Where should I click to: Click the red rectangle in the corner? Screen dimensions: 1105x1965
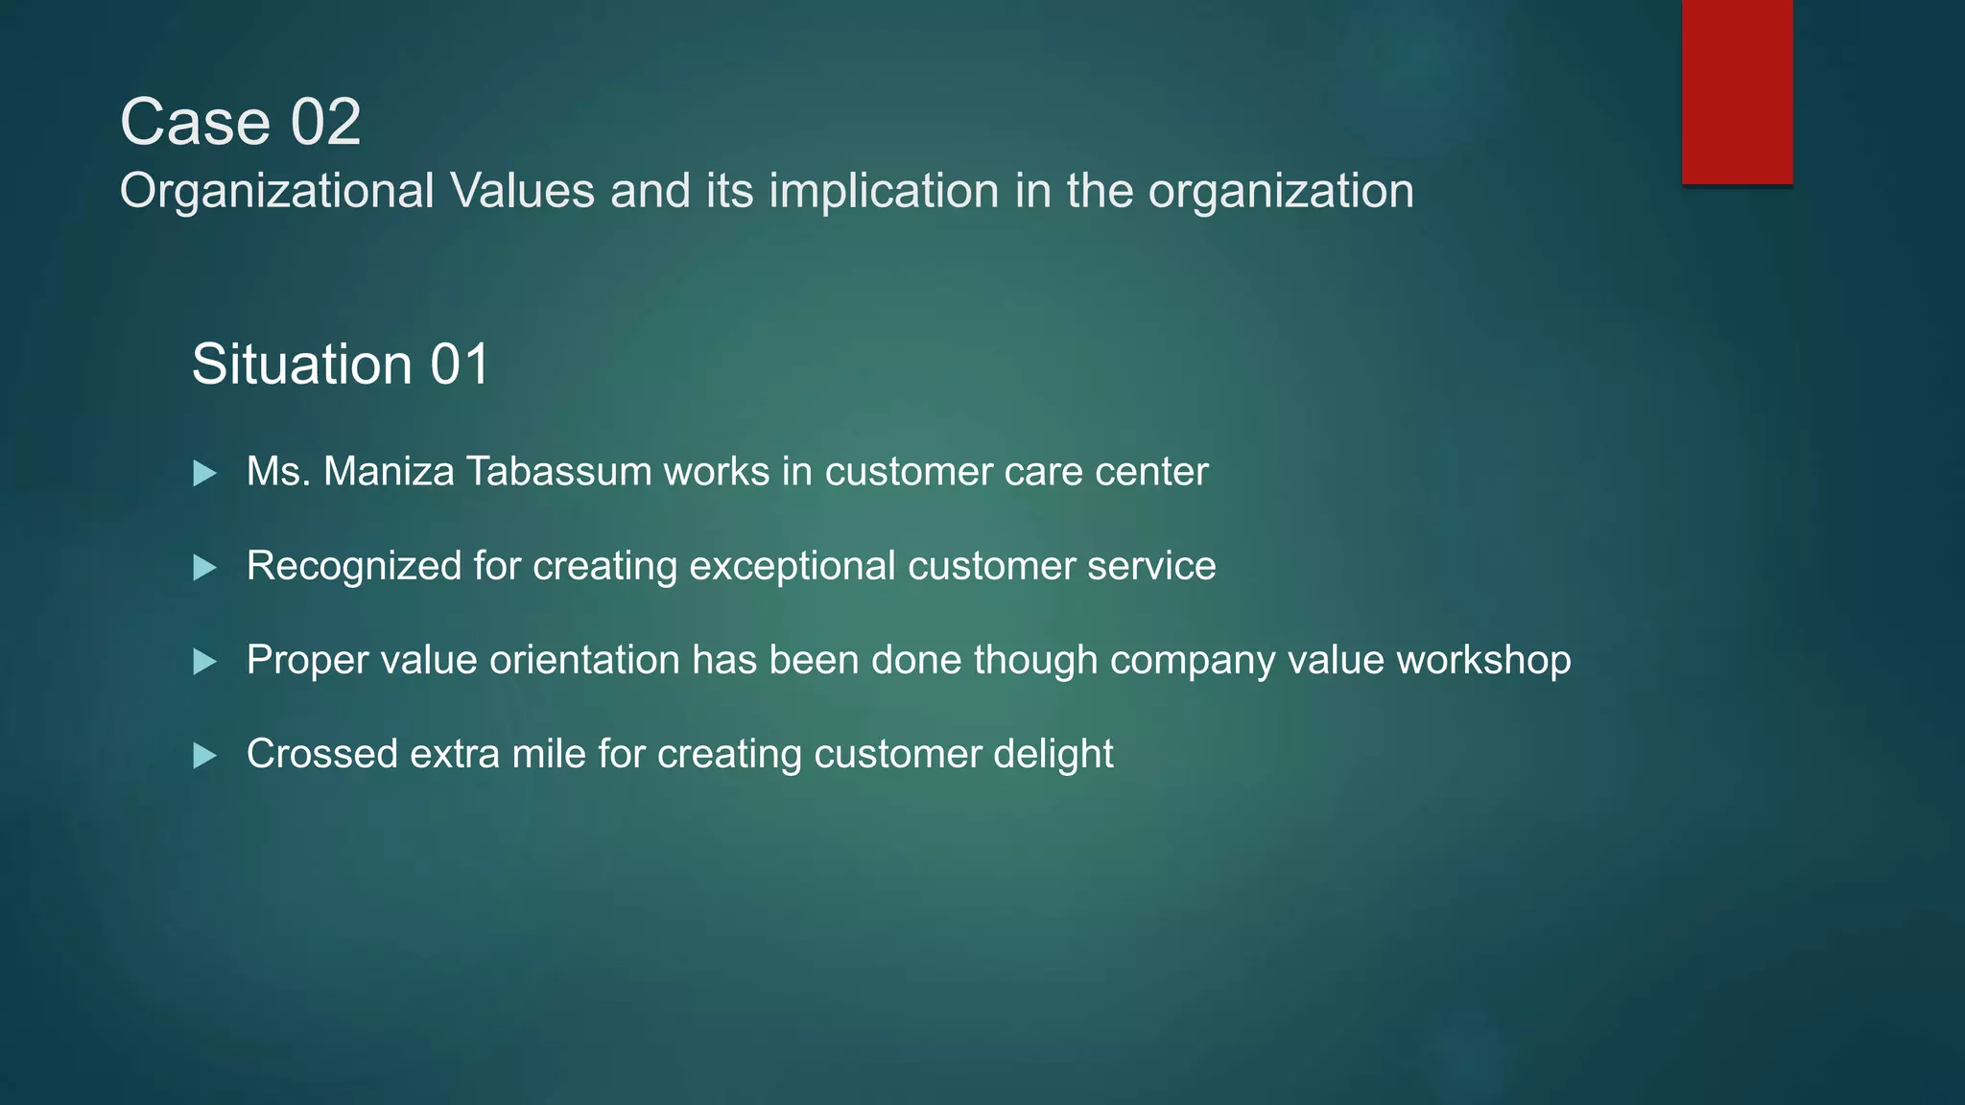tap(1737, 91)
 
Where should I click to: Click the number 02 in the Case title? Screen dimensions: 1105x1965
tap(325, 123)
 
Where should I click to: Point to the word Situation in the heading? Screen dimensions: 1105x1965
tap(302, 364)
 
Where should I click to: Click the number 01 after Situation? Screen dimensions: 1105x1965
tap(460, 364)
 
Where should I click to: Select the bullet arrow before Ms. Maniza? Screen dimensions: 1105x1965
tap(204, 473)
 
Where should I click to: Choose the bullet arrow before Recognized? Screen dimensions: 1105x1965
tap(204, 567)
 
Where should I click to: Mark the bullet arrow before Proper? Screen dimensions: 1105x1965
tap(204, 661)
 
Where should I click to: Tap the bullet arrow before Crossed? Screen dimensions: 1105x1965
tap(204, 756)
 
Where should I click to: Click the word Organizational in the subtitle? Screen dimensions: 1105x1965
tap(277, 190)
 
